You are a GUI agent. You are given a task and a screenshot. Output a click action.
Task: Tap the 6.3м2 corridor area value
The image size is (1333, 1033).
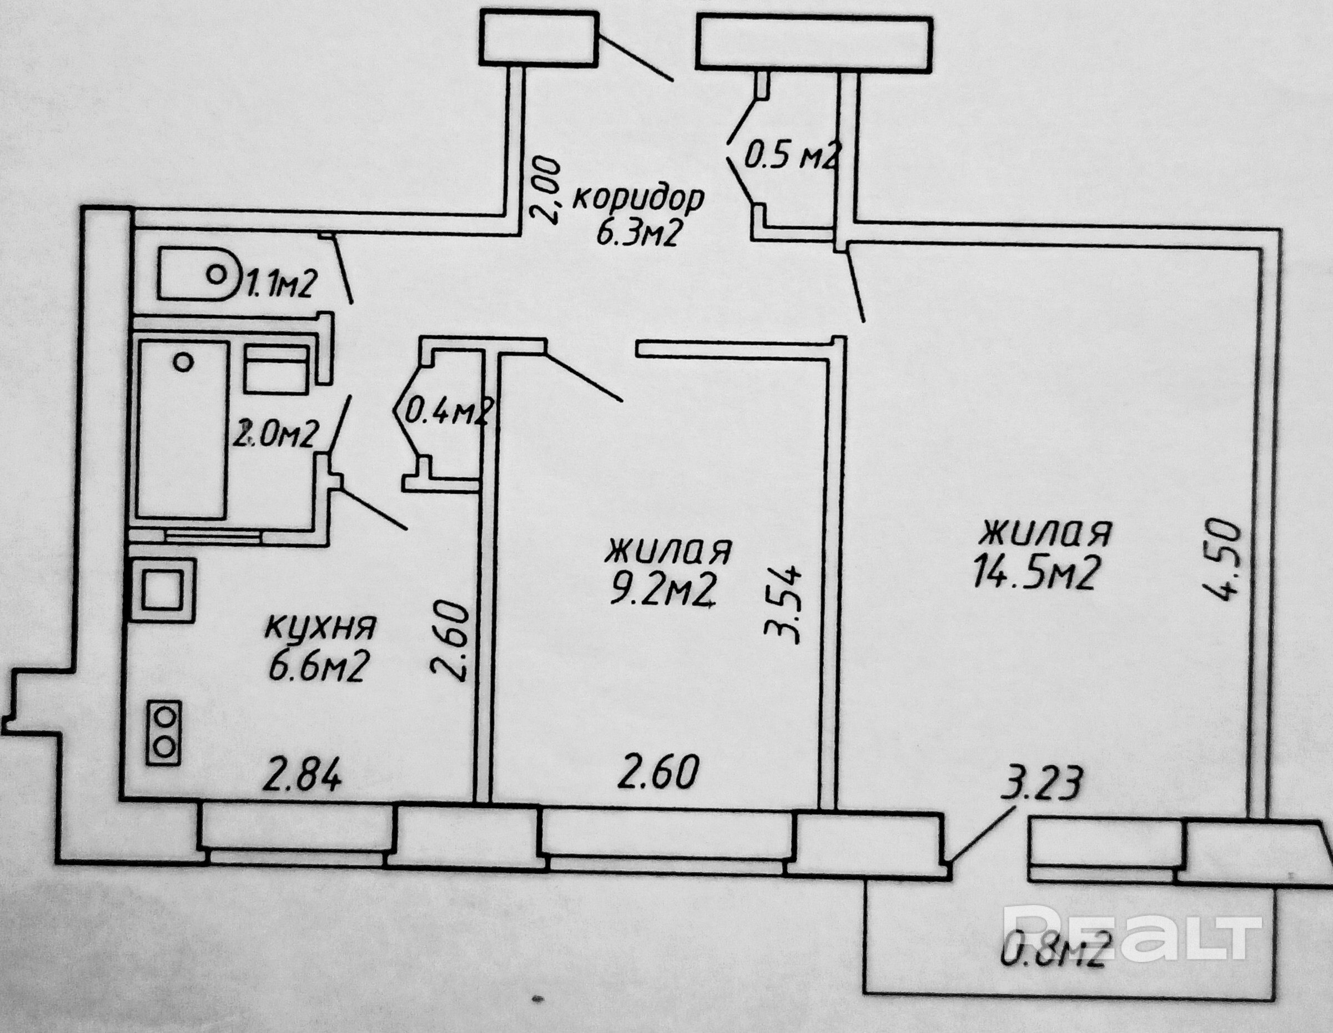pos(637,234)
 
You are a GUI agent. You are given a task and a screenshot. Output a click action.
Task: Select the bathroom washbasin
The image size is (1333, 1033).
pos(276,369)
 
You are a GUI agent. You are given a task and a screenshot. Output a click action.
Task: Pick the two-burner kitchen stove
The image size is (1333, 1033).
pos(164,733)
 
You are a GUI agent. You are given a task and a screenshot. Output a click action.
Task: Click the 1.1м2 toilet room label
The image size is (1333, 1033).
pos(280,284)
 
